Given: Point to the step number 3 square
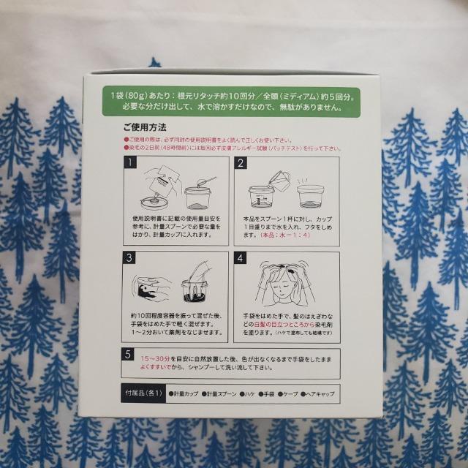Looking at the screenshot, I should (x=130, y=258).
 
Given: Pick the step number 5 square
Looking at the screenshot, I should (x=130, y=356).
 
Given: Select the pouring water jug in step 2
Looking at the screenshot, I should (x=279, y=178).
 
